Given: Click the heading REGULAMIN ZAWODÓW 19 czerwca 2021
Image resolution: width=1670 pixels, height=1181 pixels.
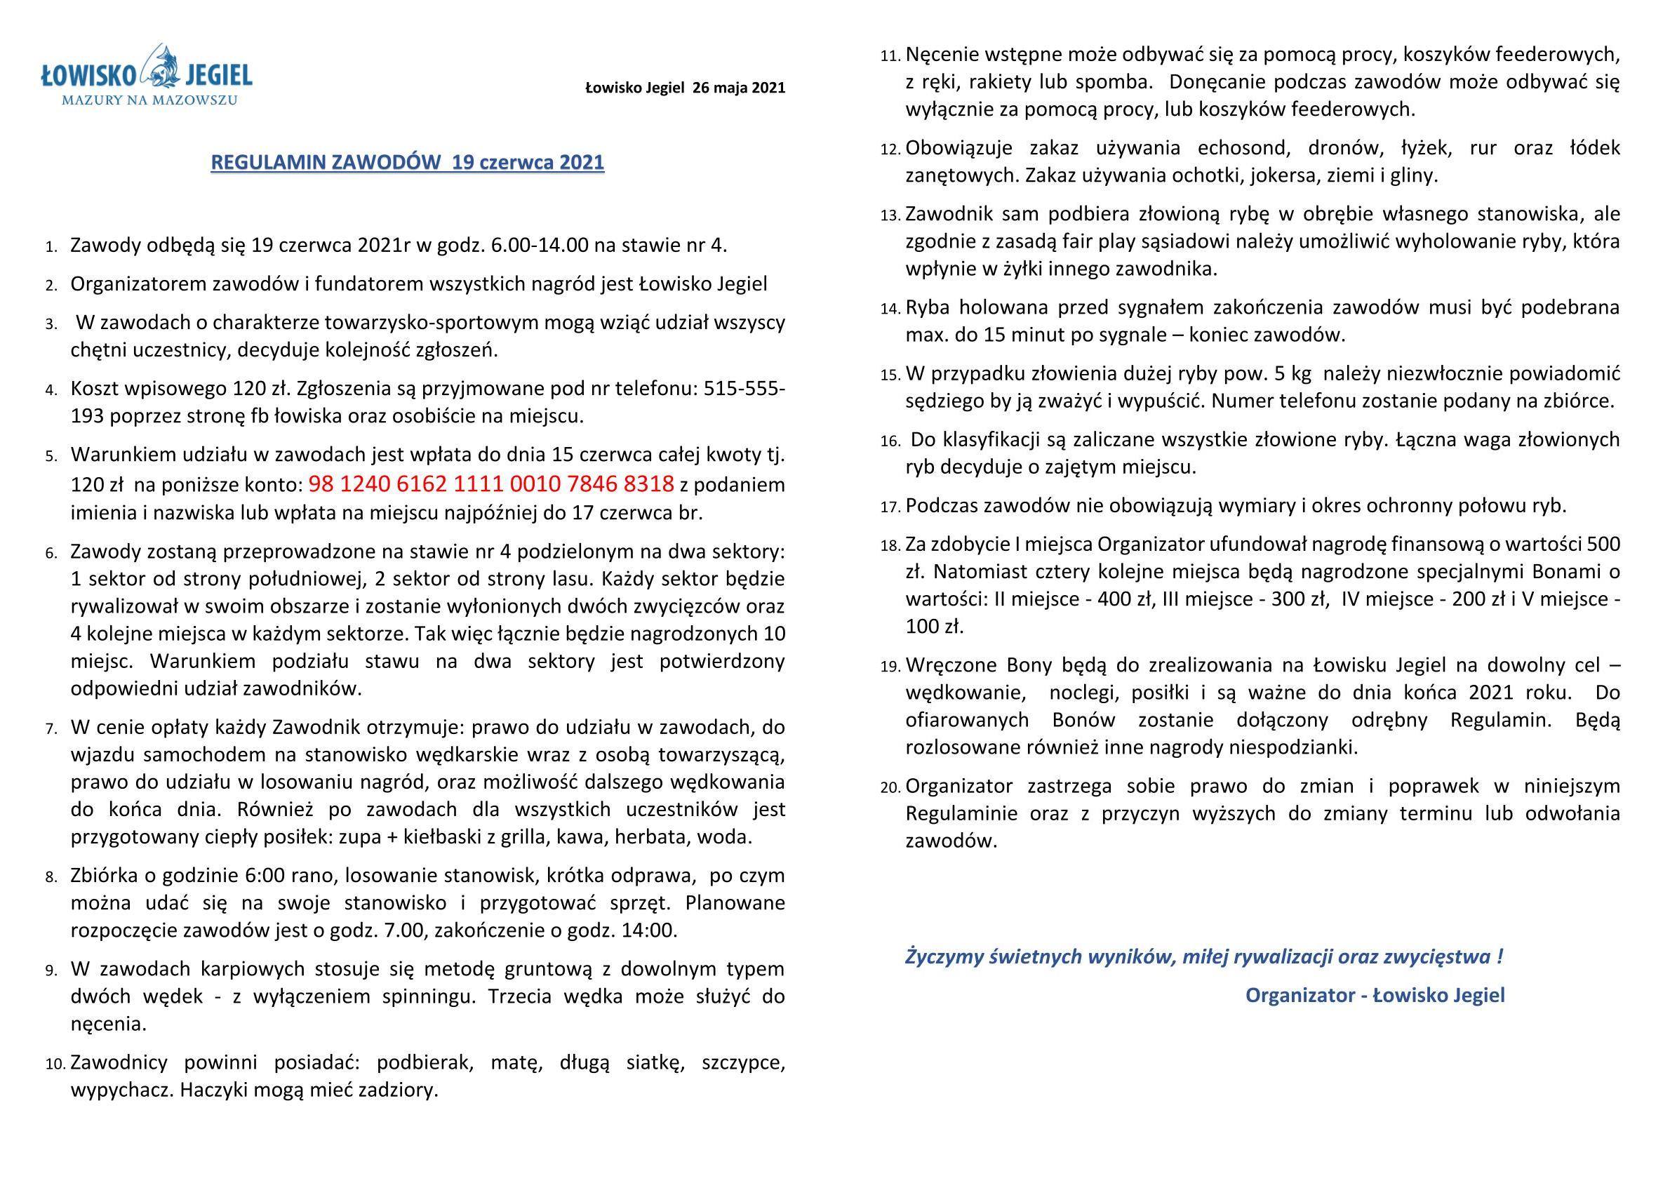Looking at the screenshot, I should tap(407, 162).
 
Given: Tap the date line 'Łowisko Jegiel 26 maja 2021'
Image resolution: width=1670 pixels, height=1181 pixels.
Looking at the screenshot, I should tap(685, 88).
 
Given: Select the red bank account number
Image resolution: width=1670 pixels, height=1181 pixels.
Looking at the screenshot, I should tap(491, 483).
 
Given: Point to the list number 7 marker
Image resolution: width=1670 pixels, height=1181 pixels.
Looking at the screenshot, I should tap(51, 728).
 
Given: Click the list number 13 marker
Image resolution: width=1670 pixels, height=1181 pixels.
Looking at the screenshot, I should tap(890, 215).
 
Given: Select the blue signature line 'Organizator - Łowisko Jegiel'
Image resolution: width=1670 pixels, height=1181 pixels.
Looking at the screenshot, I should tap(1375, 995).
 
